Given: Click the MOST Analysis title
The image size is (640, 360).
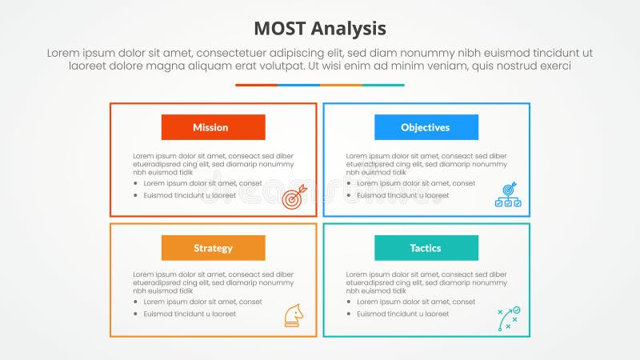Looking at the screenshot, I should pyautogui.click(x=320, y=29).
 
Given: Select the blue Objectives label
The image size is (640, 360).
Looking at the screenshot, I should pyautogui.click(x=426, y=127).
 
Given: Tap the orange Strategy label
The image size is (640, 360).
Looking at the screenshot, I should pyautogui.click(x=213, y=248).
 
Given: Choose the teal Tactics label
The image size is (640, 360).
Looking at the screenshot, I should pyautogui.click(x=426, y=248).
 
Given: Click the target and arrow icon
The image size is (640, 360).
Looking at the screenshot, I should pyautogui.click(x=294, y=196).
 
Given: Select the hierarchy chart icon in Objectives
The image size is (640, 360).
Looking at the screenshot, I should pyautogui.click(x=507, y=196).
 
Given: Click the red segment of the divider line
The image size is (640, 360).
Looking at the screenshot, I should pyautogui.click(x=256, y=85).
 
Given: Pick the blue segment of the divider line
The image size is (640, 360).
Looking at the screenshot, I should pyautogui.click(x=298, y=85).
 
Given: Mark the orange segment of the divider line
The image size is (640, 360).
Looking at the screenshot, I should pyautogui.click(x=341, y=85).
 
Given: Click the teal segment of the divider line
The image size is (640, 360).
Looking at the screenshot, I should pyautogui.click(x=383, y=85).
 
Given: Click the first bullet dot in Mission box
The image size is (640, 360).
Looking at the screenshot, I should pyautogui.click(x=135, y=183).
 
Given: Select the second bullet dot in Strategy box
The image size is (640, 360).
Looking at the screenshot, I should pyautogui.click(x=135, y=314).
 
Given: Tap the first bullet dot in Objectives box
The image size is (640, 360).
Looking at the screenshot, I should pyautogui.click(x=349, y=183).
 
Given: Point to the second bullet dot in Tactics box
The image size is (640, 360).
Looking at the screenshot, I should pyautogui.click(x=349, y=314).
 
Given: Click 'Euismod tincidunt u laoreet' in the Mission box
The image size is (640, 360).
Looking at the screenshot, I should pyautogui.click(x=190, y=195).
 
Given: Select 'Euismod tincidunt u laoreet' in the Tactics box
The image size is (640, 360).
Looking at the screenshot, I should pyautogui.click(x=403, y=314).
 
